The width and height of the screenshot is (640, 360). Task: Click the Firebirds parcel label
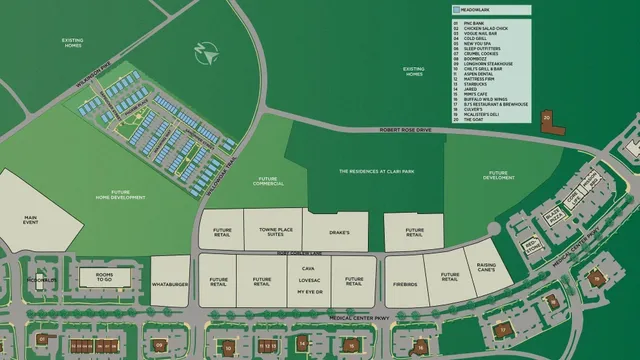(404, 282)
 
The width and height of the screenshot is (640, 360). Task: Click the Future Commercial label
(268, 181)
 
